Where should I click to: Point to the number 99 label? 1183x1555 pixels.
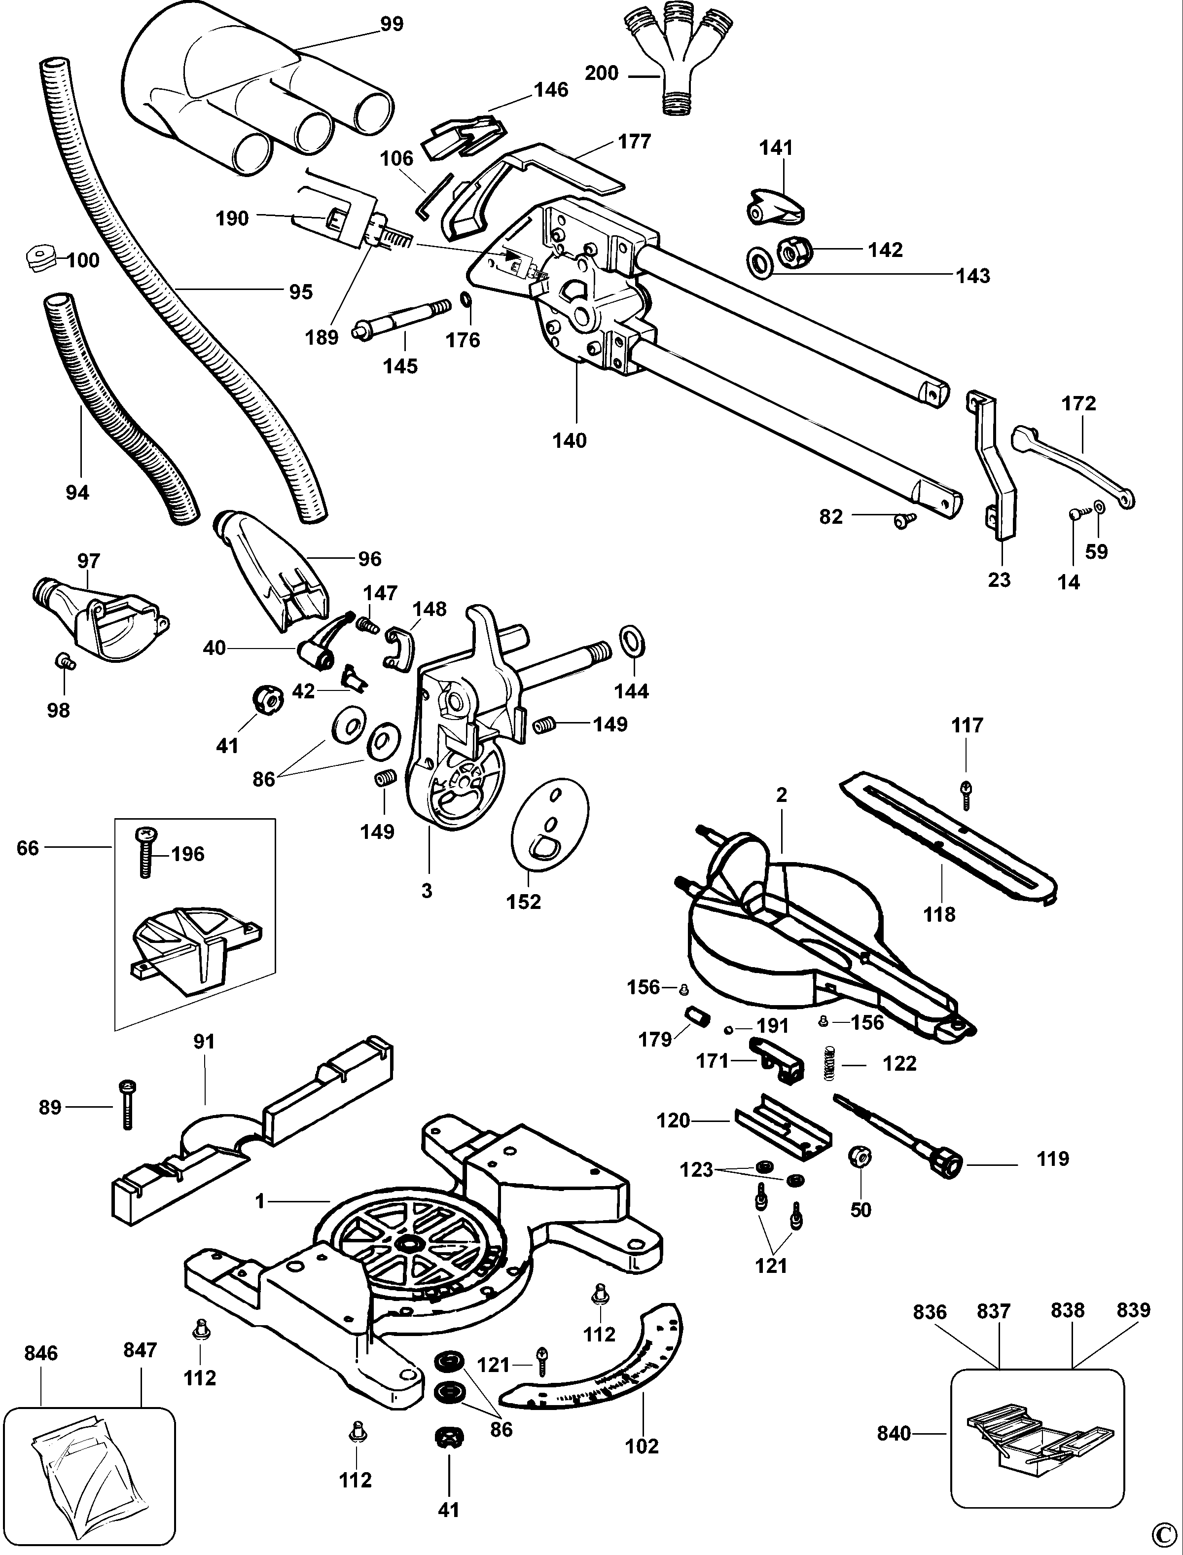point(392,24)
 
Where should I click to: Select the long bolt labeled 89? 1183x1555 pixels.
point(127,1106)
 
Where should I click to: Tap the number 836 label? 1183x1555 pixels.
point(930,1312)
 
